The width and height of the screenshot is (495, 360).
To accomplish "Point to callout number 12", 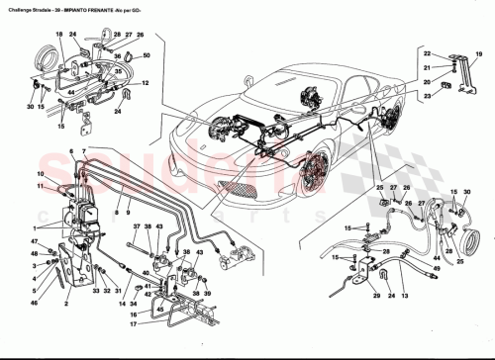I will click(146, 83).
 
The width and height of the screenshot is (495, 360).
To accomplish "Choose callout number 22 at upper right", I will click(428, 51).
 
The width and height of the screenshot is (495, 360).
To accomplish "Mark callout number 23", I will click(428, 96).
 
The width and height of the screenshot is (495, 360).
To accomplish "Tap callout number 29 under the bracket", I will click(376, 297).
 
